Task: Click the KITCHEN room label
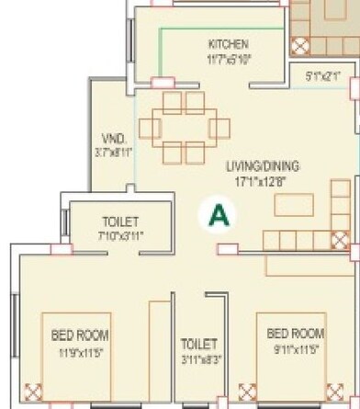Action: [x=228, y=44]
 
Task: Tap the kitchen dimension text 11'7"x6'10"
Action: [x=229, y=58]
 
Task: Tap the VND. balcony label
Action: [x=114, y=140]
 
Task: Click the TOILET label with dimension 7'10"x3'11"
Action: [x=119, y=222]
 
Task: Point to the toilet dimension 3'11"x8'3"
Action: [x=199, y=358]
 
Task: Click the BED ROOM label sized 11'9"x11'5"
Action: [x=72, y=335]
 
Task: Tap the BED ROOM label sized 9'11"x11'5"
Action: [x=296, y=332]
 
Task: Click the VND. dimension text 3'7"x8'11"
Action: [x=114, y=153]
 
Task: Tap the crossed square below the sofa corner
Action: [x=340, y=242]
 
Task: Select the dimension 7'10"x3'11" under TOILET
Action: [x=119, y=235]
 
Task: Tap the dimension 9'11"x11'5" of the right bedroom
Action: [x=296, y=347]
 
